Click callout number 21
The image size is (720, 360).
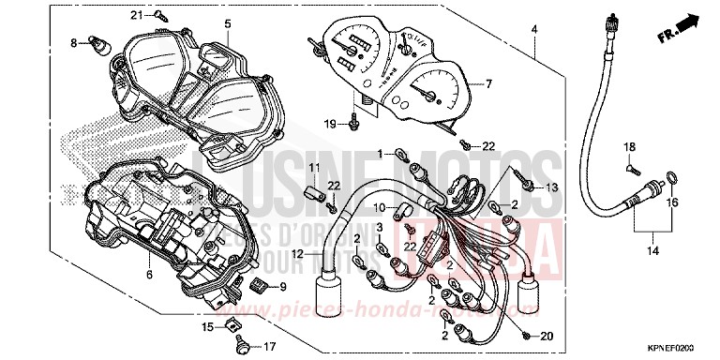tap(161, 15)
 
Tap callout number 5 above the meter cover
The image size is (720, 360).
tap(226, 22)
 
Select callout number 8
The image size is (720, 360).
tap(73, 43)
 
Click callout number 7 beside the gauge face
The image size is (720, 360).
tap(487, 84)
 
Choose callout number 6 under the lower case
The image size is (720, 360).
tap(148, 275)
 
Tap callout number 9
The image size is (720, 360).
tap(283, 285)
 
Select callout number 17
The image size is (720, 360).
tap(272, 345)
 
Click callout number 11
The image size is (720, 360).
tap(316, 167)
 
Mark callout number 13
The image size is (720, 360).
tap(551, 187)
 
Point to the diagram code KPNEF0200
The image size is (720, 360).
tap(679, 345)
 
